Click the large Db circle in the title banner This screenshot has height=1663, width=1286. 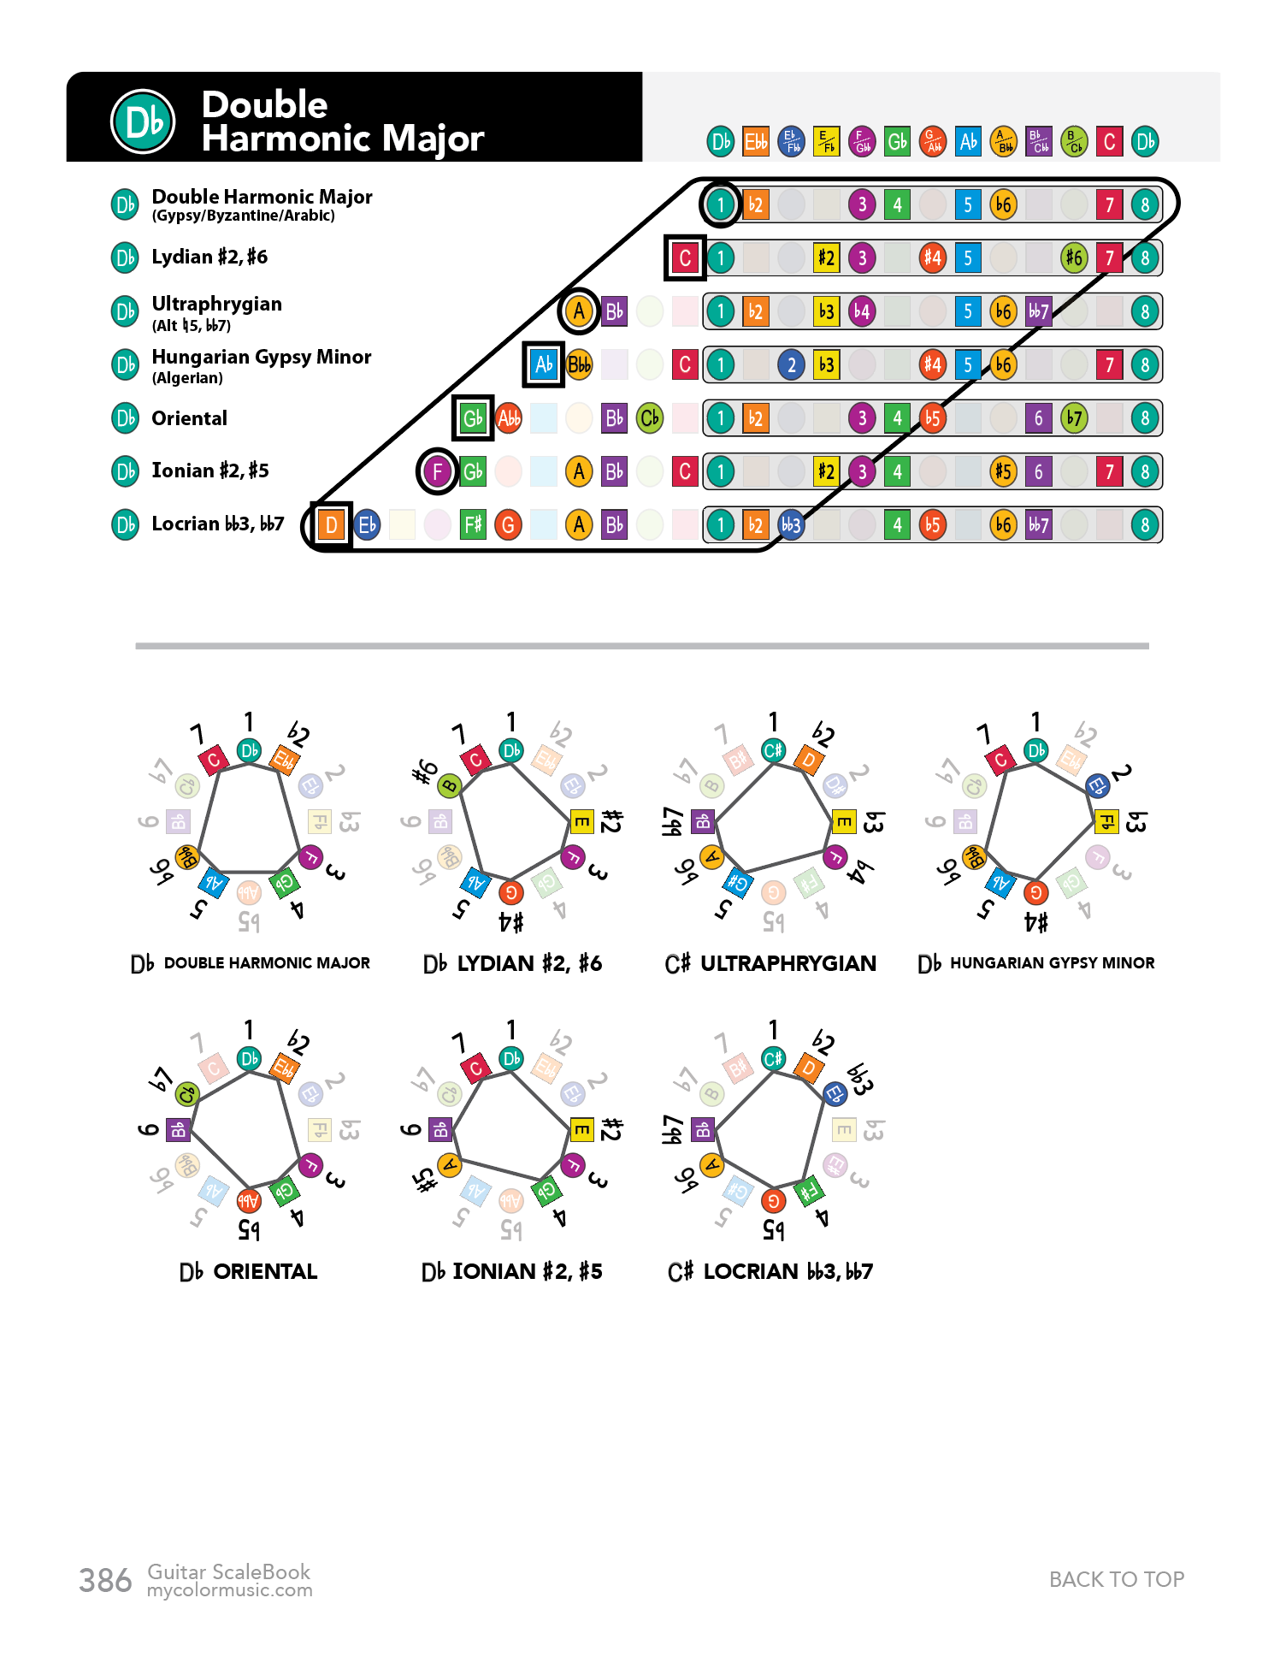pyautogui.click(x=143, y=121)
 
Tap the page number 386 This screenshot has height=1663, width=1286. pyautogui.click(x=105, y=1581)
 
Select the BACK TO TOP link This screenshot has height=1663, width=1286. pyautogui.click(x=1116, y=1579)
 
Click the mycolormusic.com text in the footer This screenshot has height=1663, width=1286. pyautogui.click(x=229, y=1590)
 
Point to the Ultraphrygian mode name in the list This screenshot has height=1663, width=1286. pyautogui.click(x=216, y=304)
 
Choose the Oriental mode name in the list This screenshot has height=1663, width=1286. pyautogui.click(x=189, y=418)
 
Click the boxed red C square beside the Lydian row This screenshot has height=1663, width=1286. pyautogui.click(x=685, y=257)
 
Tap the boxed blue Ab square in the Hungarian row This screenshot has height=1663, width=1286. pyautogui.click(x=543, y=364)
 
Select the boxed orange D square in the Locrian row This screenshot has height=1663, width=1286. pyautogui.click(x=331, y=524)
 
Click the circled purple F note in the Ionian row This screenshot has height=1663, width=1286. pyautogui.click(x=437, y=471)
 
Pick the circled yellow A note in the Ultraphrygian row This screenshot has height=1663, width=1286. pyautogui.click(x=579, y=311)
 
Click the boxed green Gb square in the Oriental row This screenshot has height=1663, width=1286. pyautogui.click(x=473, y=418)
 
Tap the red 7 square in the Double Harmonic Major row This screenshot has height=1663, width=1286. pyautogui.click(x=1109, y=204)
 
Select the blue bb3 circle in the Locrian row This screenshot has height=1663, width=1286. pyautogui.click(x=791, y=524)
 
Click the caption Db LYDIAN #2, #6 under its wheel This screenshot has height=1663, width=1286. pyautogui.click(x=512, y=963)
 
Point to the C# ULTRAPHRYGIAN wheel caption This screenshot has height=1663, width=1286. pyautogui.click(x=770, y=963)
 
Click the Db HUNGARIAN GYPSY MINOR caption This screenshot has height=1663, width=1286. pyautogui.click(x=1035, y=963)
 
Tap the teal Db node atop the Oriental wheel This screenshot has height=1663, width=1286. pyautogui.click(x=249, y=1058)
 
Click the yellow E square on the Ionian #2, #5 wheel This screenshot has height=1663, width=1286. pyautogui.click(x=581, y=1130)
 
